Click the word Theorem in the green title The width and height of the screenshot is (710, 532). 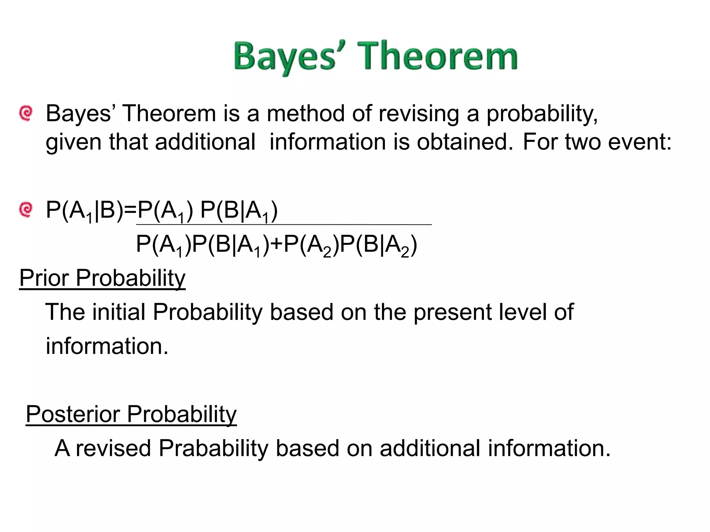coord(438,56)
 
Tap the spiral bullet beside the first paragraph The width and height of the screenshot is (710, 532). coord(26,113)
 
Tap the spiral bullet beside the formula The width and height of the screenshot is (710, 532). coord(26,209)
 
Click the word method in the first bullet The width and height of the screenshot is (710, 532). coord(305,114)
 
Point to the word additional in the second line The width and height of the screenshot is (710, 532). coord(205,142)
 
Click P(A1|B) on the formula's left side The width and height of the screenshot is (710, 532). coord(85,211)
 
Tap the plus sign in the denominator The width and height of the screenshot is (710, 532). coord(276,244)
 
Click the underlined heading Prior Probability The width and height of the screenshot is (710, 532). coord(102,278)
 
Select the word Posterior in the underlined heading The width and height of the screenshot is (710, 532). coord(73,414)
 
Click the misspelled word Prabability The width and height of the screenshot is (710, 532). coord(213,449)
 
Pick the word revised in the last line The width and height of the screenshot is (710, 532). coord(113,449)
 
